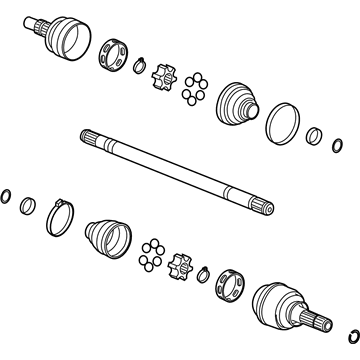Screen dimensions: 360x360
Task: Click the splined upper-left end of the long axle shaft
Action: [90, 139]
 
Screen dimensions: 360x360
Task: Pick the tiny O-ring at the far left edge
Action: [7, 195]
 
